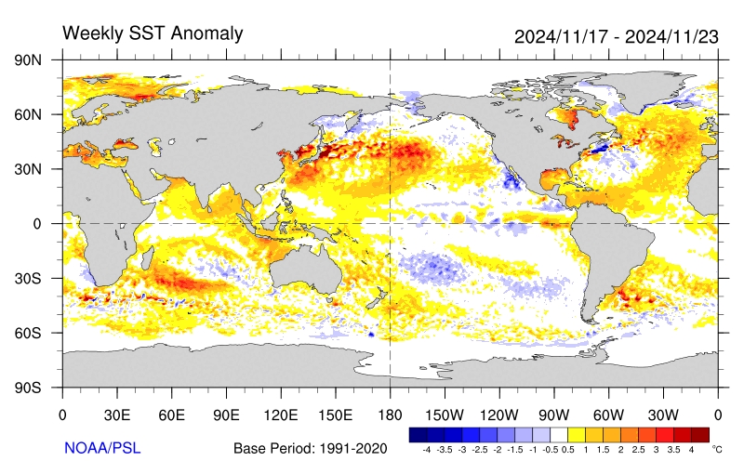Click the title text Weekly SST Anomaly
(x=153, y=33)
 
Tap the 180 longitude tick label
(x=390, y=415)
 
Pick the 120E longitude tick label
(x=281, y=415)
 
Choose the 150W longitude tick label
(x=445, y=415)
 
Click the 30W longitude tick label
(x=663, y=415)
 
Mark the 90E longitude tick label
(x=226, y=415)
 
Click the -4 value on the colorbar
(x=426, y=449)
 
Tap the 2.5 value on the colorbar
(x=641, y=449)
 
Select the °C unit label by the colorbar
(x=717, y=448)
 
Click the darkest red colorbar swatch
(x=700, y=434)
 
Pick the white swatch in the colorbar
(x=559, y=434)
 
